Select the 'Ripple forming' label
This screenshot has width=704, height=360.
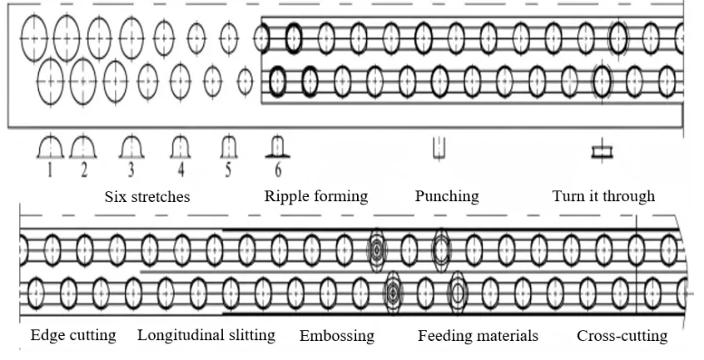315,197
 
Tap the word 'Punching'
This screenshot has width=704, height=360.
447,197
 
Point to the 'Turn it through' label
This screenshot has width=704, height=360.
603,197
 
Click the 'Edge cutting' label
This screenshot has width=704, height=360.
73,336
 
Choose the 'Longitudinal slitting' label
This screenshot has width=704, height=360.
206,336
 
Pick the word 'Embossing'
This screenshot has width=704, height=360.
337,336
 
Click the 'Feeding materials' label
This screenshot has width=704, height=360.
478,336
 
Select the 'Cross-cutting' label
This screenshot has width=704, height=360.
622,336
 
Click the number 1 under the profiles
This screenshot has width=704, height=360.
50,171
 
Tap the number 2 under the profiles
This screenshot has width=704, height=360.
83,171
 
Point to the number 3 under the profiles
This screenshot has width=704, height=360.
131,171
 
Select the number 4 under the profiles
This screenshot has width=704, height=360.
178,171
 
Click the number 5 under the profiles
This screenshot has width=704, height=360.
227,171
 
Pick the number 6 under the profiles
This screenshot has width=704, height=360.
278,171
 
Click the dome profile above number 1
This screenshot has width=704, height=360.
51,148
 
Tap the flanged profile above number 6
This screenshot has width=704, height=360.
278,148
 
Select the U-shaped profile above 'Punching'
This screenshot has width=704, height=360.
440,149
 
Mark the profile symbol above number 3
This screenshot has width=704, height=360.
131,148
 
